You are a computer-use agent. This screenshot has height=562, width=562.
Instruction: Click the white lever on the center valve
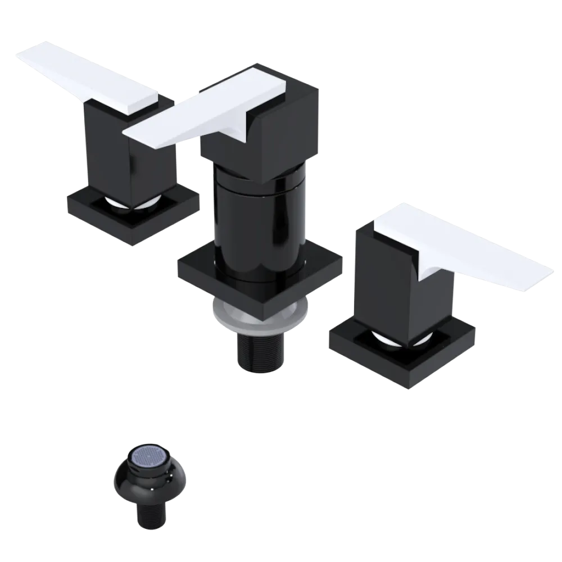pyautogui.click(x=214, y=112)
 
